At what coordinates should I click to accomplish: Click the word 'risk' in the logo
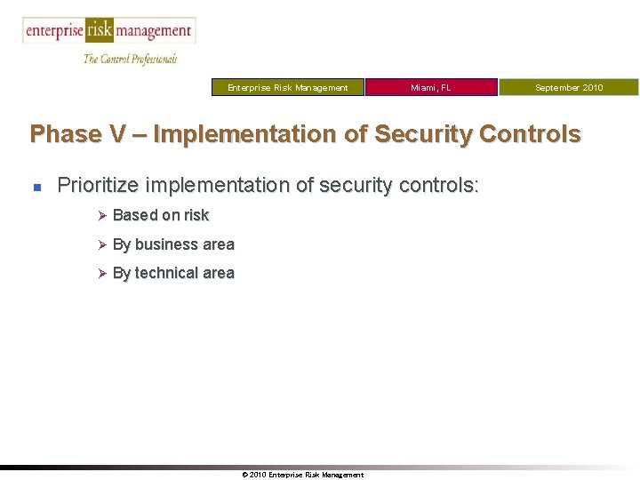click(x=100, y=31)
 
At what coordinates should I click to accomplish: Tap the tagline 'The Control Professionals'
click(x=130, y=59)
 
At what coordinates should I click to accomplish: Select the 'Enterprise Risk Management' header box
click(x=288, y=87)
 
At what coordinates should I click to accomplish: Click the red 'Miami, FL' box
click(x=431, y=87)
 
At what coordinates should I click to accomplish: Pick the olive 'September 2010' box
click(x=568, y=87)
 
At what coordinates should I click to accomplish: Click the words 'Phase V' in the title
click(x=65, y=134)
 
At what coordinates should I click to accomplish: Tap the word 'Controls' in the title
click(x=531, y=134)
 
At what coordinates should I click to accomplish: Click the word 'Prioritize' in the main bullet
click(x=96, y=186)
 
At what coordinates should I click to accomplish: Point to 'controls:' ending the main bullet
click(x=442, y=186)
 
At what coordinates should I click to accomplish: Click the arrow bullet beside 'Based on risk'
click(x=101, y=215)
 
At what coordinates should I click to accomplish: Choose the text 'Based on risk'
click(x=161, y=215)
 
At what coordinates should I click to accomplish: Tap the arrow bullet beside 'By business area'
click(x=101, y=244)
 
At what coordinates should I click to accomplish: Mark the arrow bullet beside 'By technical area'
click(x=101, y=274)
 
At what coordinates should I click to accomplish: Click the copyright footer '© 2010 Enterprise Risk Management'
click(x=302, y=475)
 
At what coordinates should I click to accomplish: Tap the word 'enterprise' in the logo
click(x=54, y=31)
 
